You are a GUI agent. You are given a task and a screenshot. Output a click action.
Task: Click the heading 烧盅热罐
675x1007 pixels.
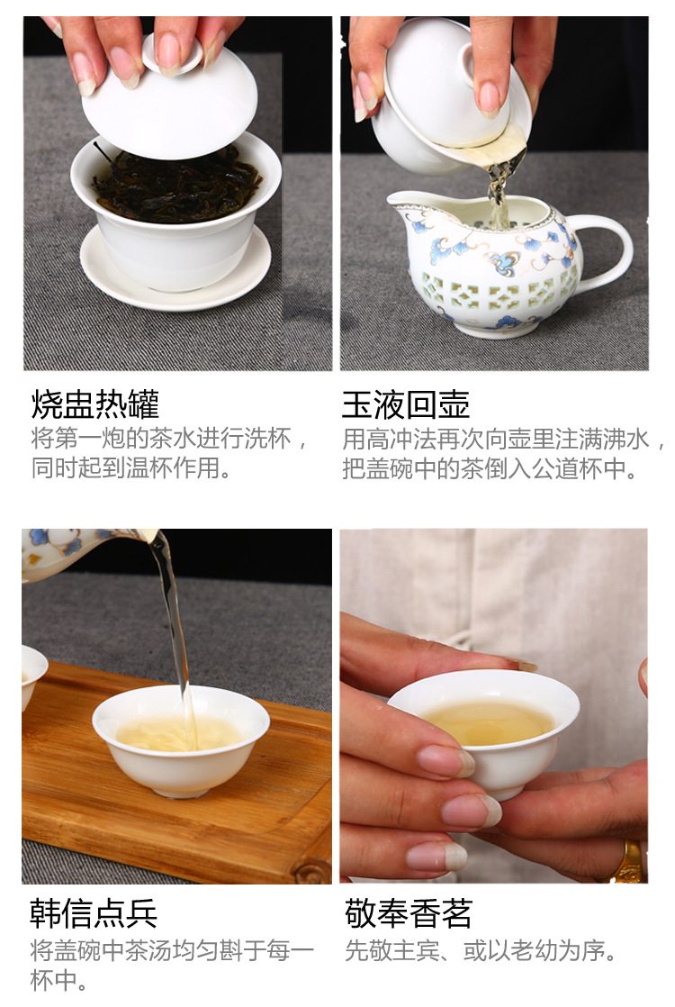tap(95, 404)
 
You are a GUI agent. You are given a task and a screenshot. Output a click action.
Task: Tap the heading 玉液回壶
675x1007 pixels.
tap(406, 404)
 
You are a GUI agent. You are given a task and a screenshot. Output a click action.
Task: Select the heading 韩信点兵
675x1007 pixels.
tap(94, 913)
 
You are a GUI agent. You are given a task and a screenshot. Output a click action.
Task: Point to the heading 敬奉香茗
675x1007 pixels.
tap(408, 913)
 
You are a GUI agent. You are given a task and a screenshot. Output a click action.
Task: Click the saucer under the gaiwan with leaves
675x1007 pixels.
tap(175, 269)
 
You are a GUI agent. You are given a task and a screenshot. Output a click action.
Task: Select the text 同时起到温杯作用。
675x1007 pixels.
tap(131, 467)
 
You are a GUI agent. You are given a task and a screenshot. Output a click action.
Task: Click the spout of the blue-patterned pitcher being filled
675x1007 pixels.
tap(401, 204)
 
